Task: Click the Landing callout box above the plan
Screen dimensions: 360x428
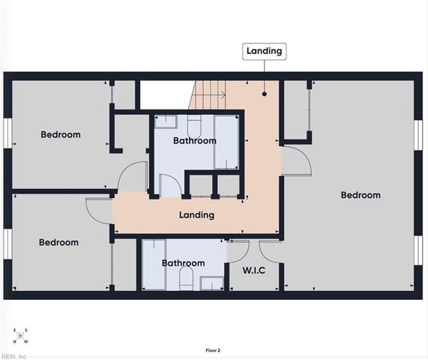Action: click(264, 52)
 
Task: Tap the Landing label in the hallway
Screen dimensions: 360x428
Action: click(196, 215)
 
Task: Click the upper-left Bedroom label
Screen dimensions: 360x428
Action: click(60, 135)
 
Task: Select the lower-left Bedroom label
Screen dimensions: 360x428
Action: click(58, 242)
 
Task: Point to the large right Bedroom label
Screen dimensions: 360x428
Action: click(361, 195)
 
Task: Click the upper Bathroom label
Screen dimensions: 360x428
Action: click(194, 141)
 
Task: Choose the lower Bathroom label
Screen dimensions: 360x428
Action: click(184, 263)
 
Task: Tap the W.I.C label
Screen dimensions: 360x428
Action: click(253, 270)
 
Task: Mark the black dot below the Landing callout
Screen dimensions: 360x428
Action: click(265, 94)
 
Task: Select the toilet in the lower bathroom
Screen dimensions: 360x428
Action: click(186, 280)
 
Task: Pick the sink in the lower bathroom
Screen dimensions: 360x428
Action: click(211, 283)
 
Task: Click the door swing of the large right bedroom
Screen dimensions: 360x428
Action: click(295, 161)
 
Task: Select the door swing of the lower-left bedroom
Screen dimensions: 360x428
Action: click(98, 210)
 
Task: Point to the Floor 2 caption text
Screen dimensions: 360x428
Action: click(213, 350)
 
